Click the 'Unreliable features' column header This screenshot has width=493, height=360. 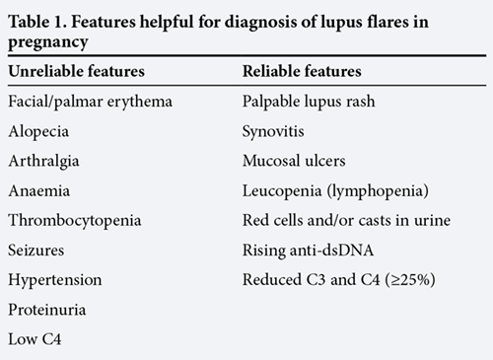point(77,71)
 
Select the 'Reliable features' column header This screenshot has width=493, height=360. point(302,71)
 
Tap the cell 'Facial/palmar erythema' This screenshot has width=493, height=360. point(91,102)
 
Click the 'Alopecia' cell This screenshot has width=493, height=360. point(38,132)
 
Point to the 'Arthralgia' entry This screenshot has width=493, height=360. point(44,162)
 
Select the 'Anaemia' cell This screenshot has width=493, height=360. point(39,191)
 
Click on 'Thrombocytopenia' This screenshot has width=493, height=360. point(75,221)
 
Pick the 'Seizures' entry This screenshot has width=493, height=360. point(36,251)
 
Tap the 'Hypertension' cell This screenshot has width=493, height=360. point(55,281)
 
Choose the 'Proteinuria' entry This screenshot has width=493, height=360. point(47,310)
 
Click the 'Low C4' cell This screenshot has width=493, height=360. point(35,339)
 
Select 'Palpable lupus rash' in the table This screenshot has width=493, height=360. point(309,102)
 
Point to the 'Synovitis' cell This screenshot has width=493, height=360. point(273,132)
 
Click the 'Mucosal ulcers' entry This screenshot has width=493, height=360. point(294,161)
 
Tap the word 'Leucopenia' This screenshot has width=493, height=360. point(282,191)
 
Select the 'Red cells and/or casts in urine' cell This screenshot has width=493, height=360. point(346,221)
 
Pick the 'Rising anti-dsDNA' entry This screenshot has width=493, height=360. point(309,251)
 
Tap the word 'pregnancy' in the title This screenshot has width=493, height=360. point(48,42)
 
